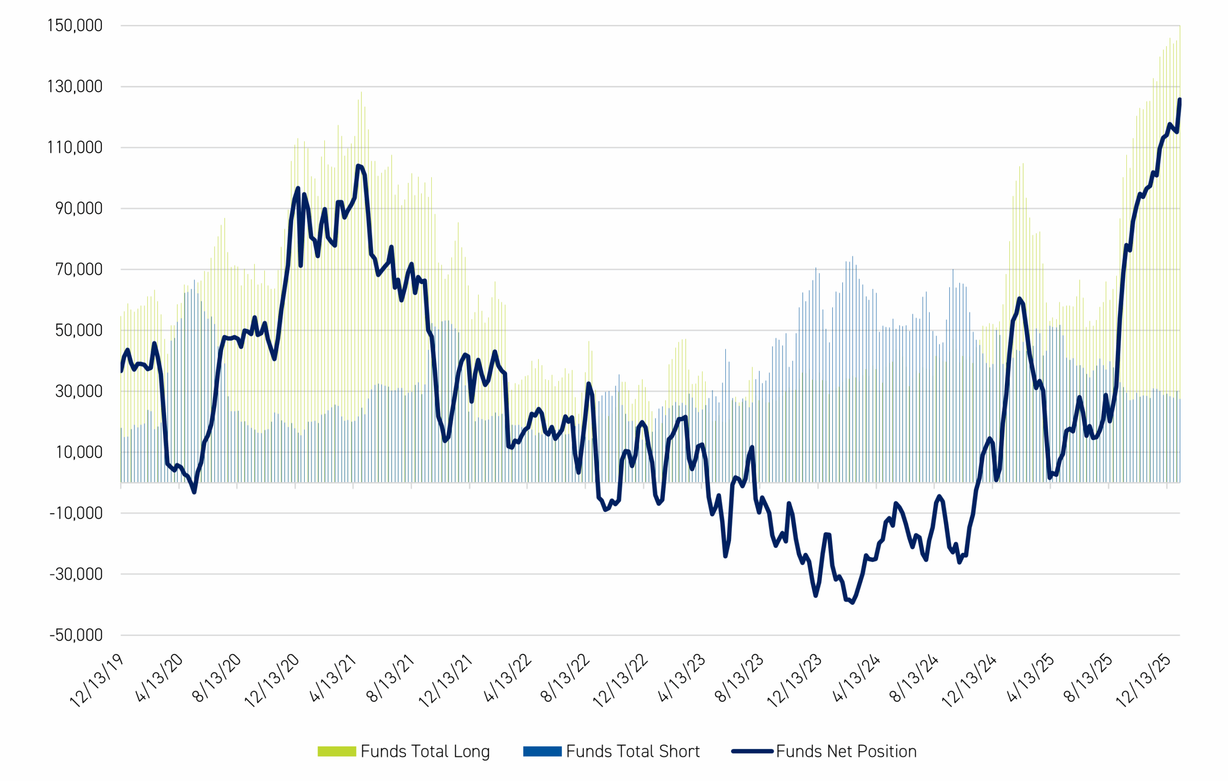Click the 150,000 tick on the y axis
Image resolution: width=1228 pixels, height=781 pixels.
75,25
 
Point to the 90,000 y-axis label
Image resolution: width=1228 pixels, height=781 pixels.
79,209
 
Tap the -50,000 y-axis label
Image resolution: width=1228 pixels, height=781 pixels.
76,635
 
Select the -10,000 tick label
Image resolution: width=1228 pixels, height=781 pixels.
76,513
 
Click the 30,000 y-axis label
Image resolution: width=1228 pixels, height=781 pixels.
79,391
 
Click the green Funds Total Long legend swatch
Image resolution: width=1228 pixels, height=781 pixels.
337,751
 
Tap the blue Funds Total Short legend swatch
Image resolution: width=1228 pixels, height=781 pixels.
542,751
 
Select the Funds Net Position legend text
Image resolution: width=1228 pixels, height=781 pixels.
846,751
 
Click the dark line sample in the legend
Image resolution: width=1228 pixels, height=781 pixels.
752,751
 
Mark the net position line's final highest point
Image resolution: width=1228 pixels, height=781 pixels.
1180,100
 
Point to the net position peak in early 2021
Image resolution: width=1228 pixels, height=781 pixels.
358,166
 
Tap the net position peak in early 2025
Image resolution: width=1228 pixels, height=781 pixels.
1019,299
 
